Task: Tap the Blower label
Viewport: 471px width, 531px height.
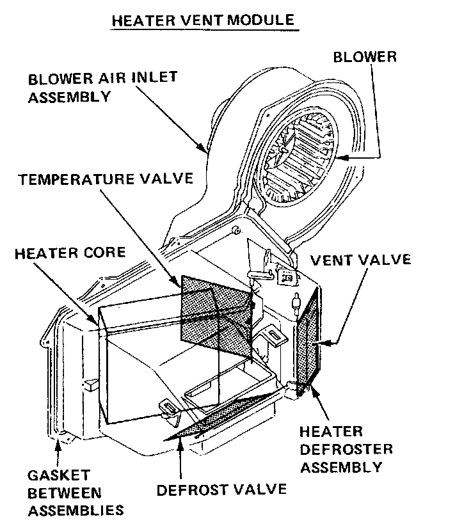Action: tap(365, 56)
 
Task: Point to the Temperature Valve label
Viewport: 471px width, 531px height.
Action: tap(106, 178)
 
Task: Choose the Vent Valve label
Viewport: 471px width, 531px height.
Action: tap(360, 260)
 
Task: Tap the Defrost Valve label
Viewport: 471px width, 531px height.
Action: tap(221, 490)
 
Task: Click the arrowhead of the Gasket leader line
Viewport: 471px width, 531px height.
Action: tap(59, 439)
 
